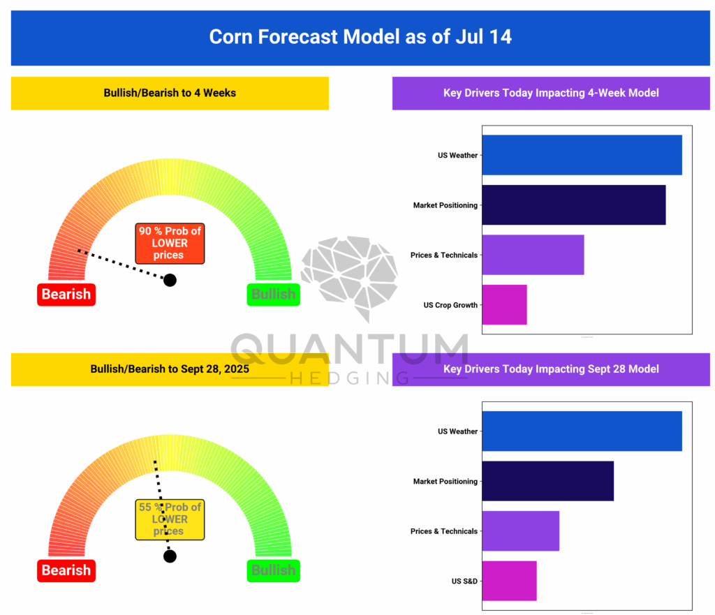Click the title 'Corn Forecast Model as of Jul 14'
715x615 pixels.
pos(360,36)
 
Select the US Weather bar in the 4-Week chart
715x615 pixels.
pos(582,155)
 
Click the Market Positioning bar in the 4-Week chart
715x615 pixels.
pos(573,205)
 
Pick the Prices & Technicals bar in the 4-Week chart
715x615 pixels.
pos(533,255)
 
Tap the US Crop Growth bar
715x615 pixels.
pos(504,305)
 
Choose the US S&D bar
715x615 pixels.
pos(509,581)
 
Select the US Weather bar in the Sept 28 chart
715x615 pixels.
pos(582,431)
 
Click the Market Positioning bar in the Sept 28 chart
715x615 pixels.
pos(547,481)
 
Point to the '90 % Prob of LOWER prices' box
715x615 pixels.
pos(170,244)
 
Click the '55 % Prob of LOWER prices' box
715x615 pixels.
pos(170,519)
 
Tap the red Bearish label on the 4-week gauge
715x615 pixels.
pos(66,295)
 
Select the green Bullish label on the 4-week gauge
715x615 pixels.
pos(273,295)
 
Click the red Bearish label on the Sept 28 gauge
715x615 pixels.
pos(66,570)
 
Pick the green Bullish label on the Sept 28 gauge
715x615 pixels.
pos(273,570)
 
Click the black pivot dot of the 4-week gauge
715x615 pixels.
pos(170,280)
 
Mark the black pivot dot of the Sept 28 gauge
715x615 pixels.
pos(170,556)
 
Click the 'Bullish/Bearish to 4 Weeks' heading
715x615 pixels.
pos(170,93)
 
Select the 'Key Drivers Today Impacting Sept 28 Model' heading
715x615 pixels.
pos(551,369)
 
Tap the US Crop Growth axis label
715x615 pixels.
pos(450,305)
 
